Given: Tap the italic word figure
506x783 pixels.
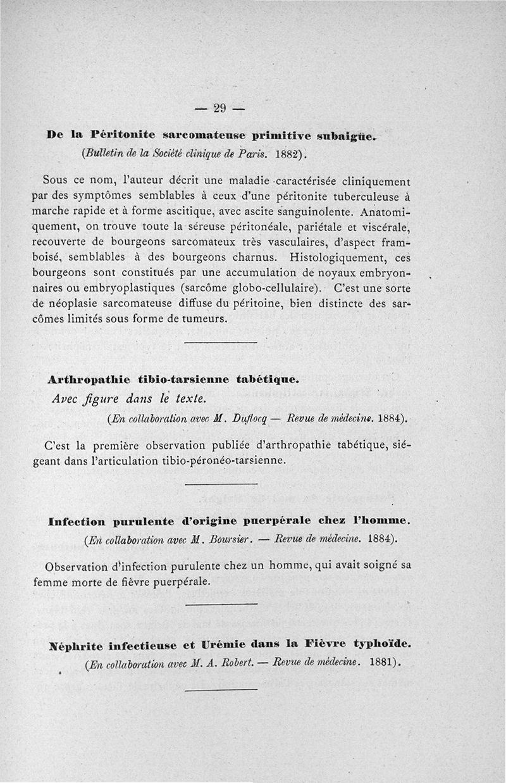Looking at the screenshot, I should (x=103, y=399).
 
